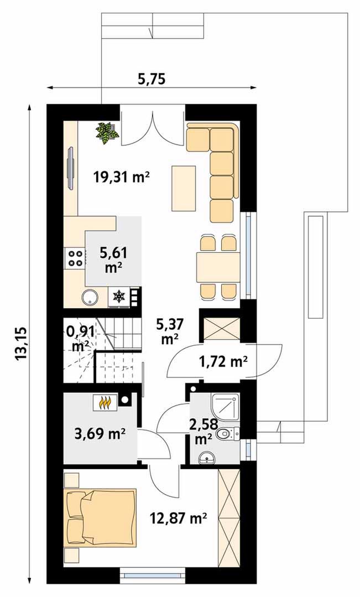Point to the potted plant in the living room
point(107,132)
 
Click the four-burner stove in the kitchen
point(75,258)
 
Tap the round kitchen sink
point(90,297)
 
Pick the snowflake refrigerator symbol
point(119,297)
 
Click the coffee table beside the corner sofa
point(184,188)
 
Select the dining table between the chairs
point(218,267)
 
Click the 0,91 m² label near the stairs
point(80,339)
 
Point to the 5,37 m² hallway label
point(170,331)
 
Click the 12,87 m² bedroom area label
point(178,518)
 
